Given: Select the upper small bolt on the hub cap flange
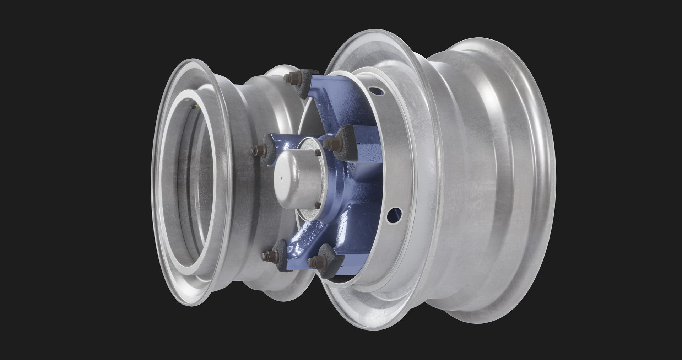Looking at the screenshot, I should [x=317, y=152].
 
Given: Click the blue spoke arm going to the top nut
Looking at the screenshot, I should [x=320, y=107].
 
